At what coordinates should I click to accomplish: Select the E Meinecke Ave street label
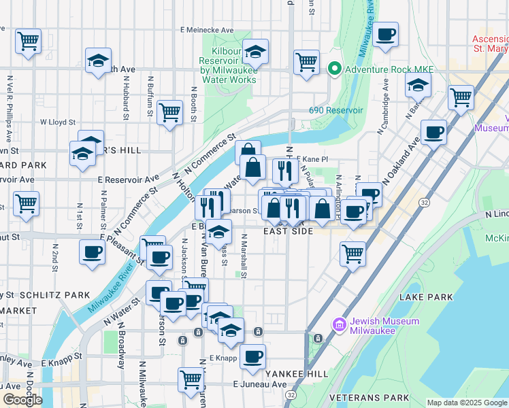pyautogui.click(x=207, y=30)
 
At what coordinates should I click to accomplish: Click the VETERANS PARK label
pyautogui.click(x=369, y=397)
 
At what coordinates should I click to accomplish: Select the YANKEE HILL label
pyautogui.click(x=287, y=374)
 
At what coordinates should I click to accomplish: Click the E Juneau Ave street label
pyautogui.click(x=260, y=384)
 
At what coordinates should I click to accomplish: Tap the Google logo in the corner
pyautogui.click(x=22, y=399)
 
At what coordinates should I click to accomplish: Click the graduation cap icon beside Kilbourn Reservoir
pyautogui.click(x=255, y=52)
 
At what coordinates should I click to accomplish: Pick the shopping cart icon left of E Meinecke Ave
pyautogui.click(x=29, y=41)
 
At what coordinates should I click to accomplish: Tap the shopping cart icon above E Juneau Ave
pyautogui.click(x=191, y=379)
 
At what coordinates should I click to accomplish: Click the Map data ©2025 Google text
pyautogui.click(x=466, y=403)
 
